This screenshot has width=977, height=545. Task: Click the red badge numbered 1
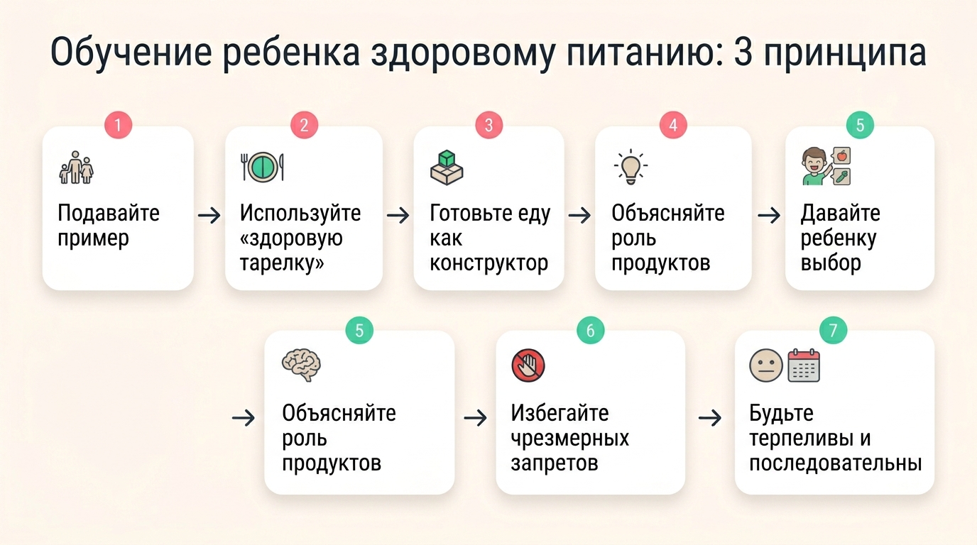tap(118, 126)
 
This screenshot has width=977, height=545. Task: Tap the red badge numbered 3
tap(488, 126)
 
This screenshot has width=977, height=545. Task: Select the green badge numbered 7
tap(833, 330)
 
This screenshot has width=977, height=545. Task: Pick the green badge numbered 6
tap(590, 330)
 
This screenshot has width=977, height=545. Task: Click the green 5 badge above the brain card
tap(359, 330)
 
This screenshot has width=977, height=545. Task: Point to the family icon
tap(77, 169)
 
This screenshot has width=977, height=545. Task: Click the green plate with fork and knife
tap(262, 167)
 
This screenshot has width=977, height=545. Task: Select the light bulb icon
tap(630, 167)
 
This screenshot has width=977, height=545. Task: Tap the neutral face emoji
tap(766, 366)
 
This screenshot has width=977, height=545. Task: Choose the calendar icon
tap(804, 365)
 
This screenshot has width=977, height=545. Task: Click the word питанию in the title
tap(638, 55)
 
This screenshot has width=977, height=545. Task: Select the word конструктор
tap(488, 263)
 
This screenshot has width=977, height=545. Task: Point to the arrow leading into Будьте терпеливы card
tap(710, 418)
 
